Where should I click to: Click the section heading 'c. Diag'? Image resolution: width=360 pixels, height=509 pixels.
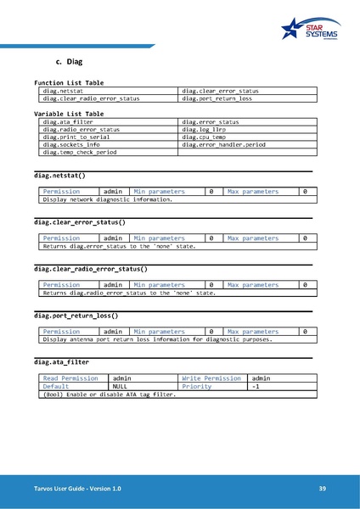[68, 63]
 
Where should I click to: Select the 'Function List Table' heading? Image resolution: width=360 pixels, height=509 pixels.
[69, 83]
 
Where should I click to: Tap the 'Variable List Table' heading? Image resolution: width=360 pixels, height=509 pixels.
[69, 113]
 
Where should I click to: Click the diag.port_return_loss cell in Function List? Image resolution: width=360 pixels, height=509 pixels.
[217, 98]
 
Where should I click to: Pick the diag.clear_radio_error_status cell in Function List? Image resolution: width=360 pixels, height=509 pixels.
[92, 98]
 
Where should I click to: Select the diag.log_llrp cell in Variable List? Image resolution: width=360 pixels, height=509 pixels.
[203, 130]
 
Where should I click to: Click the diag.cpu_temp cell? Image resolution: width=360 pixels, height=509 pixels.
[203, 137]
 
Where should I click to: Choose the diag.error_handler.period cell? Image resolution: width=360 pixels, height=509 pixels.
[223, 145]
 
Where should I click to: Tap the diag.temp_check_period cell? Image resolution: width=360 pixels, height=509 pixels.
[81, 153]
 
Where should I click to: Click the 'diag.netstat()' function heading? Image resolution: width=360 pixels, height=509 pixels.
[59, 175]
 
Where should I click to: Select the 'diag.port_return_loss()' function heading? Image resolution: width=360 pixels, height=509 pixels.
[76, 316]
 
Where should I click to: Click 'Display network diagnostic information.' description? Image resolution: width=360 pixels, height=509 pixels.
[108, 199]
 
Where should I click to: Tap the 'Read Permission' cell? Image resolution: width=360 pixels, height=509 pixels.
[70, 378]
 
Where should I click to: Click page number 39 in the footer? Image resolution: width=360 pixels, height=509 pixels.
[323, 489]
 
